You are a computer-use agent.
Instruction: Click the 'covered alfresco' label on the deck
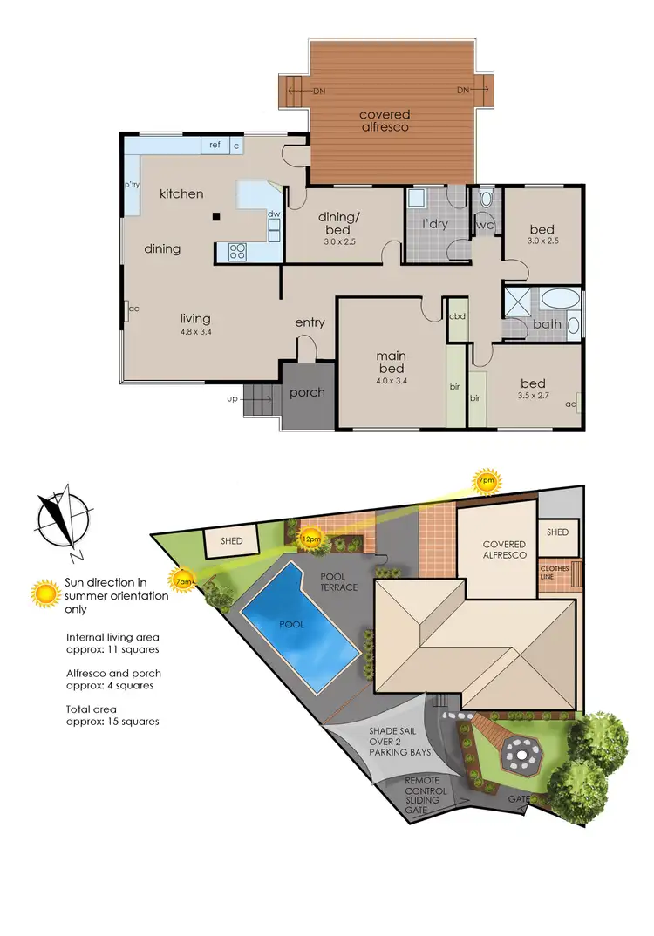[385, 120]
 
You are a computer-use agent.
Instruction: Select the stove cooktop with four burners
[237, 252]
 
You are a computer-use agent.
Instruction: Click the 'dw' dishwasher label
[274, 214]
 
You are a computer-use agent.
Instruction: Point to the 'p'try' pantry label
[133, 185]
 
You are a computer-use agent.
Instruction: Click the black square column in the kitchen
[216, 217]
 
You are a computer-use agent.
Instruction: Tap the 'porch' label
[307, 393]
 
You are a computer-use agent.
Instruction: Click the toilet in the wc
[487, 198]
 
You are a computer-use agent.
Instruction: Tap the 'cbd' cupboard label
[457, 316]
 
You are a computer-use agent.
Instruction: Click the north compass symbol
[62, 518]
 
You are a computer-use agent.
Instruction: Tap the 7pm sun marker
[486, 479]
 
